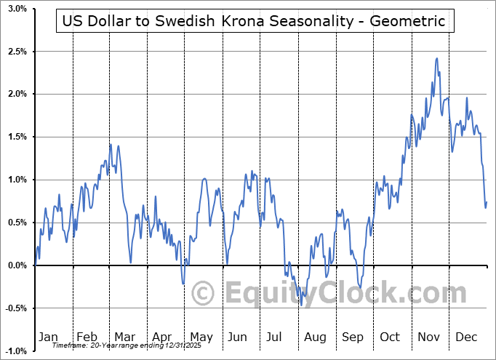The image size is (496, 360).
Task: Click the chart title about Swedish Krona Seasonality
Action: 254,21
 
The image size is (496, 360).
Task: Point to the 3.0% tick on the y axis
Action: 17,9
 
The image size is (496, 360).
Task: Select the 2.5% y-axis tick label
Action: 17,52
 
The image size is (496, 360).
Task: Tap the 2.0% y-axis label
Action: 17,94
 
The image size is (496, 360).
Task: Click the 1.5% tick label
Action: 17,137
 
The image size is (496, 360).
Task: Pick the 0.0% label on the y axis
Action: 17,265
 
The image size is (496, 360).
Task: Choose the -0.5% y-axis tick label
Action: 16,308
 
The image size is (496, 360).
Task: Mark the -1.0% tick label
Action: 16,351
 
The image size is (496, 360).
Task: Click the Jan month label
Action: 48,337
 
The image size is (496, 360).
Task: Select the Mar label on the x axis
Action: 124,337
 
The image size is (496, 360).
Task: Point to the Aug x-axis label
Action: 315,337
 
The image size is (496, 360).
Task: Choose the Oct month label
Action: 391,337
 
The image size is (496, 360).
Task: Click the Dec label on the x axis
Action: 465,337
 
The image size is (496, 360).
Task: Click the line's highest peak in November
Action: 436,58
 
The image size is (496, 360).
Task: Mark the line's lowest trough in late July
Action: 301,305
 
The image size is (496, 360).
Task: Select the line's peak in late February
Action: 110,144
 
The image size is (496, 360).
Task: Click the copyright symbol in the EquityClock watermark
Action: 203,294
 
